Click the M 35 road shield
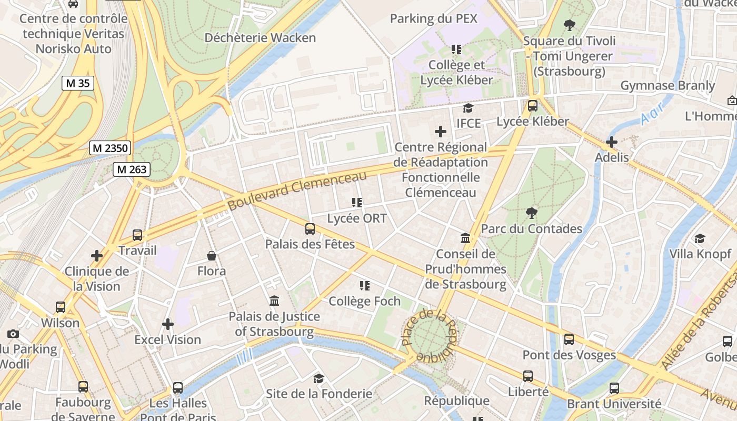tap(78, 83)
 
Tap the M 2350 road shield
tap(109, 148)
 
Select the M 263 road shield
tap(132, 169)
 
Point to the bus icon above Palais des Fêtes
tap(310, 229)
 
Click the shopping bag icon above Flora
tap(212, 256)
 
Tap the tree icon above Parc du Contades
tap(532, 213)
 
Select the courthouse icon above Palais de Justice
tap(274, 301)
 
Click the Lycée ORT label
tap(357, 218)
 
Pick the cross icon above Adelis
tap(612, 142)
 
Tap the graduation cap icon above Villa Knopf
tap(700, 238)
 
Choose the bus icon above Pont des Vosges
tap(569, 339)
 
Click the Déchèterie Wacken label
tap(260, 38)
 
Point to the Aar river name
tap(652, 112)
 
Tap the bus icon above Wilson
tap(61, 307)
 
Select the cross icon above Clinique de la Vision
tap(97, 256)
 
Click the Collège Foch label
tap(364, 302)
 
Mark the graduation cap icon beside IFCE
tap(467, 108)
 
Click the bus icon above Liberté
tap(528, 376)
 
